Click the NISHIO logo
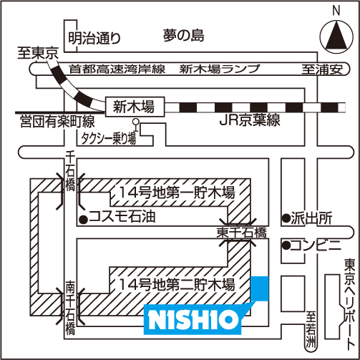(x=193, y=319)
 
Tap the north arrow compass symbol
(x=336, y=37)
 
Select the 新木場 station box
(x=135, y=107)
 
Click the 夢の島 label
(x=184, y=36)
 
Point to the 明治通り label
(x=94, y=38)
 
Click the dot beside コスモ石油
(x=84, y=219)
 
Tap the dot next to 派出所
(x=286, y=218)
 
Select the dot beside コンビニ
(x=286, y=245)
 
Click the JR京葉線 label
(x=250, y=120)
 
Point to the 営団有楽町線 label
(x=57, y=122)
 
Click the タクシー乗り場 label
(x=109, y=138)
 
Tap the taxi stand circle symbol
(x=136, y=122)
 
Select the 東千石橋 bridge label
(x=241, y=233)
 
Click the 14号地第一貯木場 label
(x=177, y=193)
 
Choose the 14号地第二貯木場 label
(x=177, y=284)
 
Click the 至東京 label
(x=38, y=53)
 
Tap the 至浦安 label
(x=322, y=69)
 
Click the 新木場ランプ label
(x=220, y=69)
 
